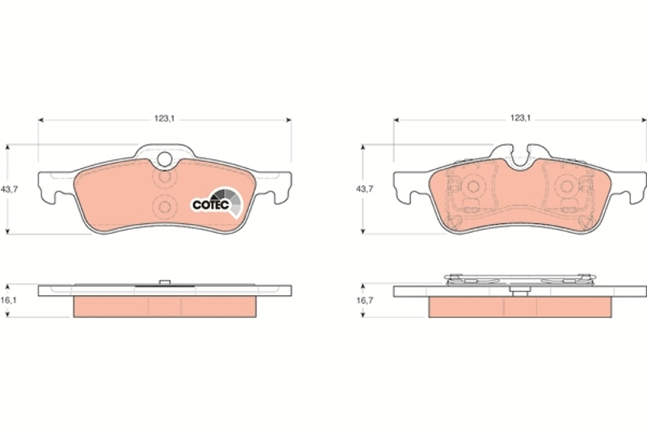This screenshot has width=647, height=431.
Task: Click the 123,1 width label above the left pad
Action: tap(165, 119)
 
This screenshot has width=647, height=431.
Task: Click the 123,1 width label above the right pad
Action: tap(520, 118)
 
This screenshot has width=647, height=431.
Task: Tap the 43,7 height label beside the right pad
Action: tap(365, 189)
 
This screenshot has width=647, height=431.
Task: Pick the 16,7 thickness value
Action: tap(365, 301)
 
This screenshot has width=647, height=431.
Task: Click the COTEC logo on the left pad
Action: tap(217, 203)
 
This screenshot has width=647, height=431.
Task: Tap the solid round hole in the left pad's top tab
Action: tap(165, 158)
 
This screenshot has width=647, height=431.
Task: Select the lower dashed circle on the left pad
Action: tap(165, 207)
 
